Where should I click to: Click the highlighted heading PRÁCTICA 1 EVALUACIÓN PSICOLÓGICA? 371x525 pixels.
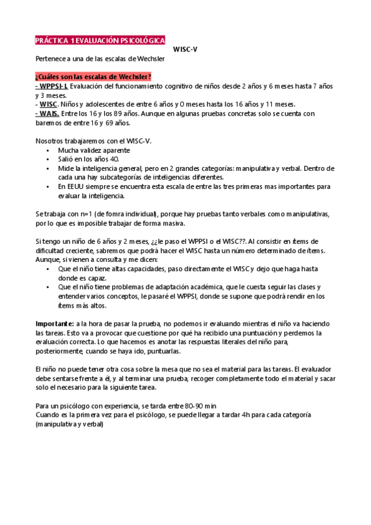pos(100,40)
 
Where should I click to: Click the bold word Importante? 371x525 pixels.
pos(55,324)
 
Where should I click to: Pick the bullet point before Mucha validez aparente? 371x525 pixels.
pos(48,150)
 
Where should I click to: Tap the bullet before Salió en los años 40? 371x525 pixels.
pos(48,160)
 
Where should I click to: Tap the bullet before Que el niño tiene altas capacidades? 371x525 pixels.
pos(48,269)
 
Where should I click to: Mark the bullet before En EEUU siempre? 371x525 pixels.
pos(48,186)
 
